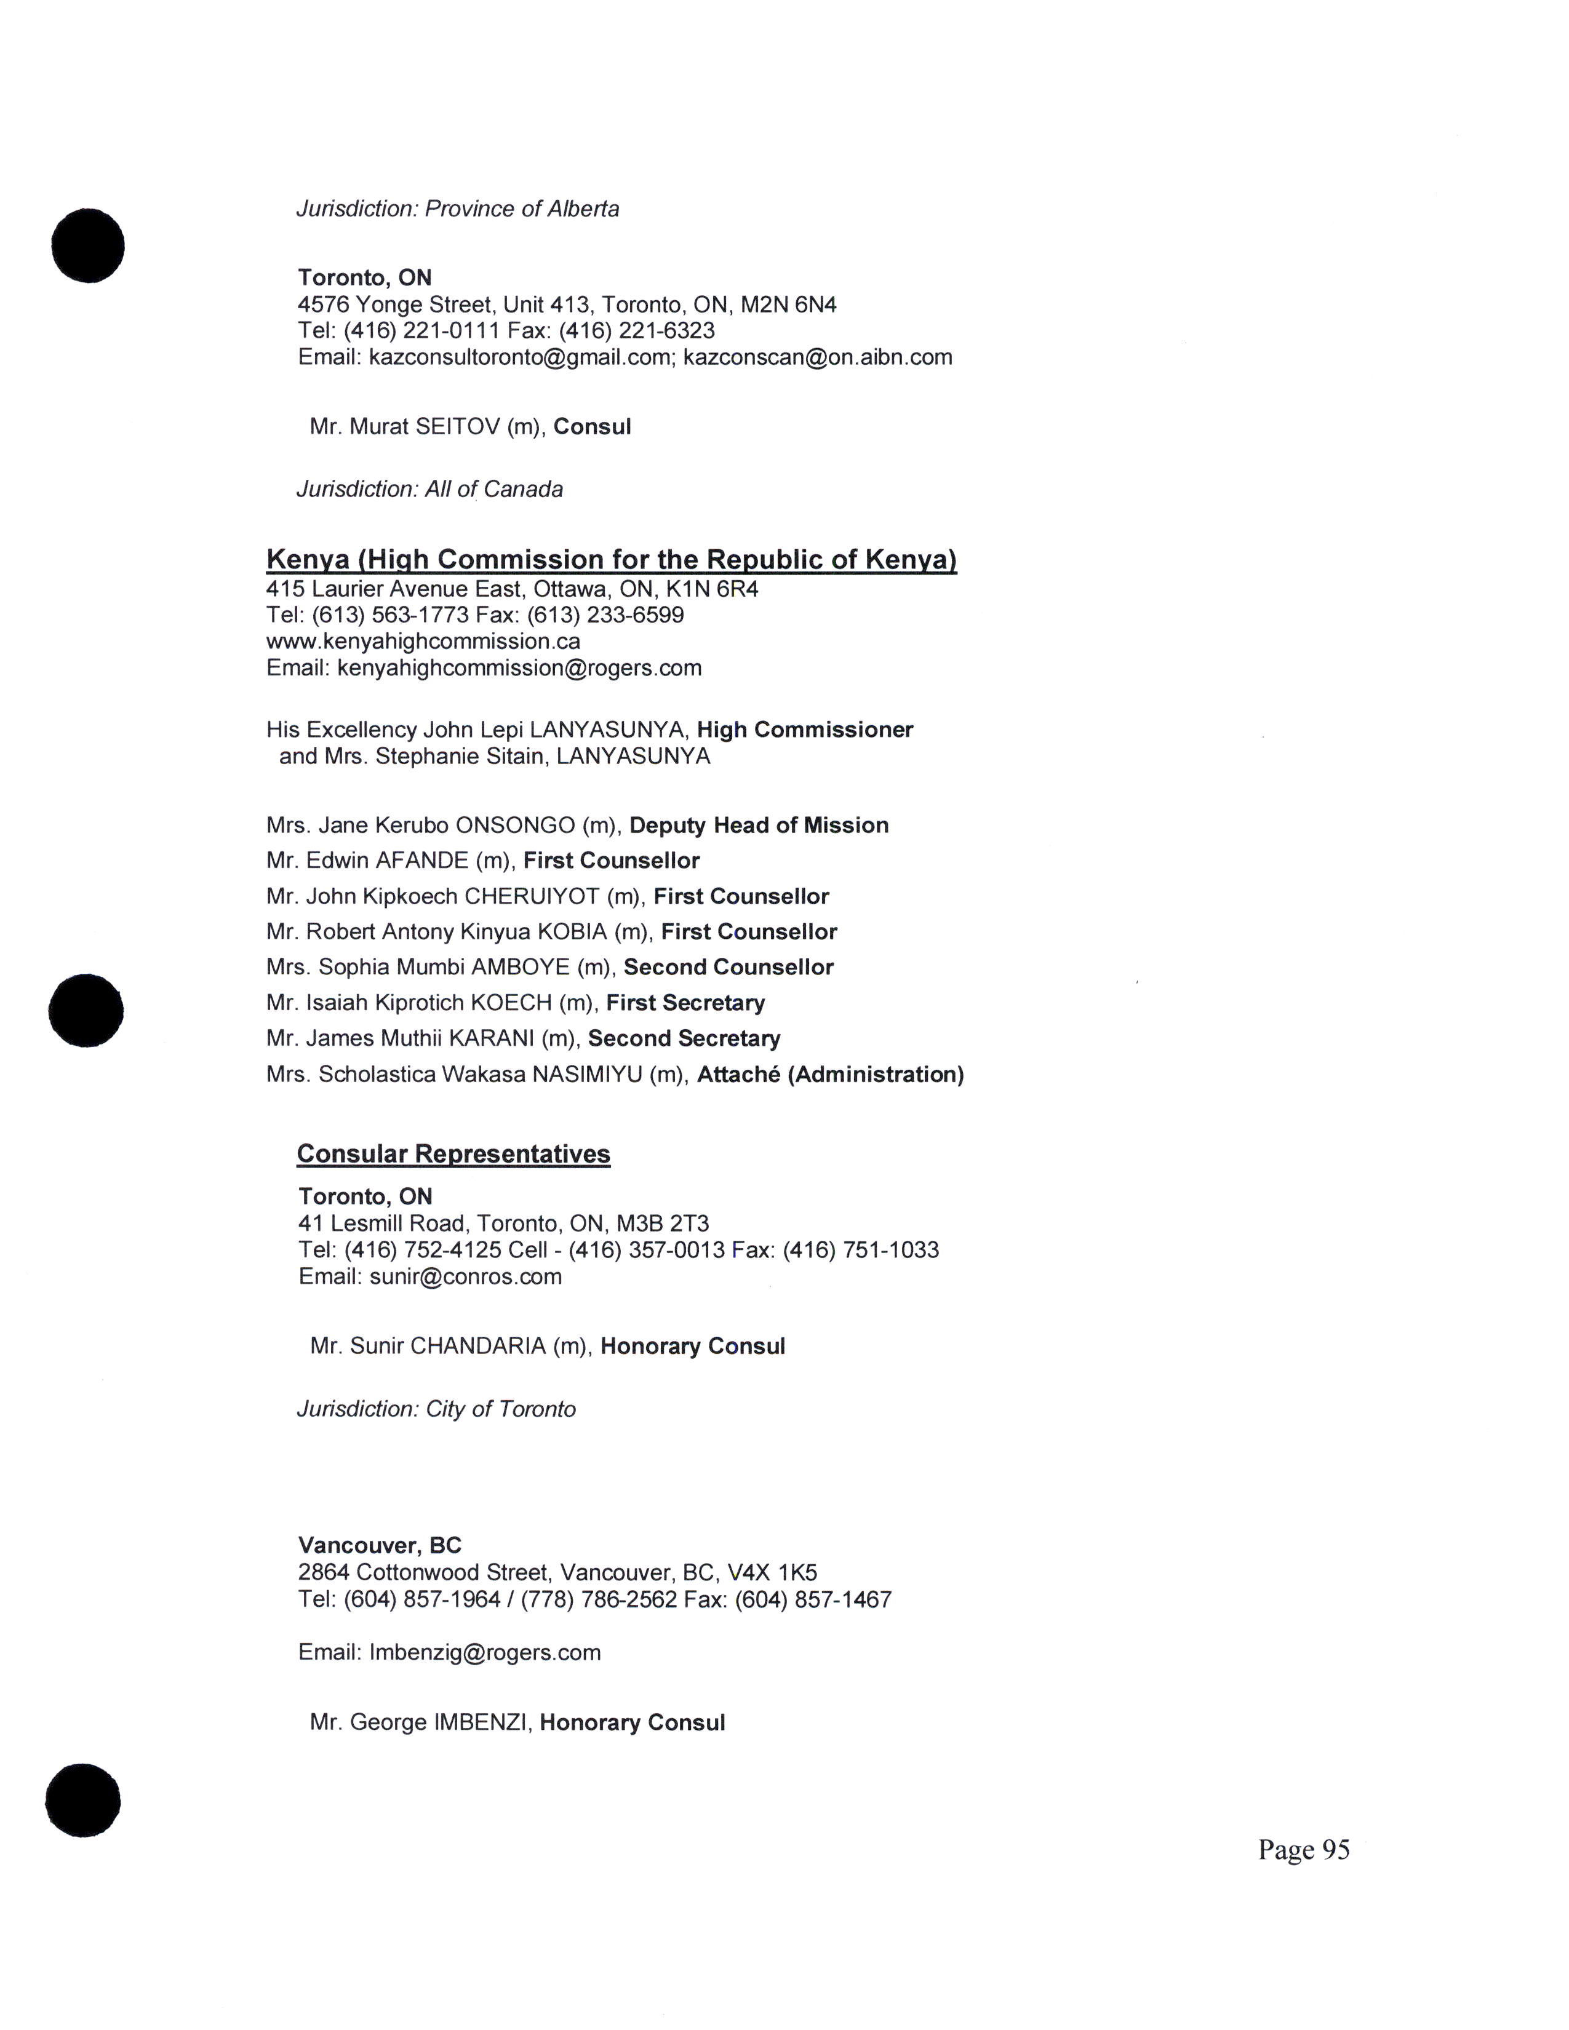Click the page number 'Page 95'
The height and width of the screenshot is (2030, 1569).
(1303, 1850)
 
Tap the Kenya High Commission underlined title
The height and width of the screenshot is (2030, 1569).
(611, 560)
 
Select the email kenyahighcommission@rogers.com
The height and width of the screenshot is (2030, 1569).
(519, 667)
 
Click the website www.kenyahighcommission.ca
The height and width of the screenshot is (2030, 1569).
(423, 642)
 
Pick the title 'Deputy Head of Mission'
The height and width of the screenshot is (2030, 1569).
(759, 826)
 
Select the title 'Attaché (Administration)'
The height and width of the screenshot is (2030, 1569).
(830, 1075)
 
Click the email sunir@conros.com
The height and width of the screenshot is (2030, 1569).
(465, 1276)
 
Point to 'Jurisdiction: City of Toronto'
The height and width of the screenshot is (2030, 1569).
(436, 1409)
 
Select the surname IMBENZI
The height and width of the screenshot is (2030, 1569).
(482, 1722)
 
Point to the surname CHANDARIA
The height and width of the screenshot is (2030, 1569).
(477, 1346)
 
